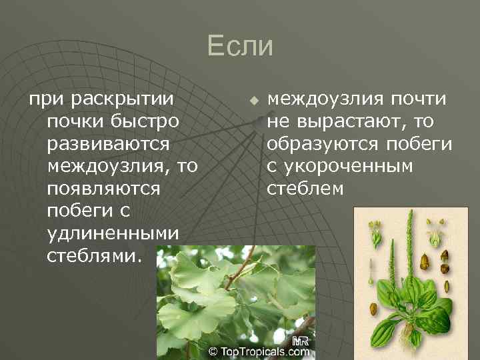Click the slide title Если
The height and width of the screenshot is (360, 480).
pos(240,46)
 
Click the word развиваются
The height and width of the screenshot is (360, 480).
pos(108,144)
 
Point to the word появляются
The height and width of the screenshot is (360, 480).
pos(104,189)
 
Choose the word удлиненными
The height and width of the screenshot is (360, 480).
pos(113,233)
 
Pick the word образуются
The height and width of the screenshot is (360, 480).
pos(323,144)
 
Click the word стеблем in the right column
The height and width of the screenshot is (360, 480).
pos(305,189)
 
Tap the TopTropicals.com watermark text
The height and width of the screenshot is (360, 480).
pos(261,350)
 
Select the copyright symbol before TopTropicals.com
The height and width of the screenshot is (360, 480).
pos(213,350)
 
